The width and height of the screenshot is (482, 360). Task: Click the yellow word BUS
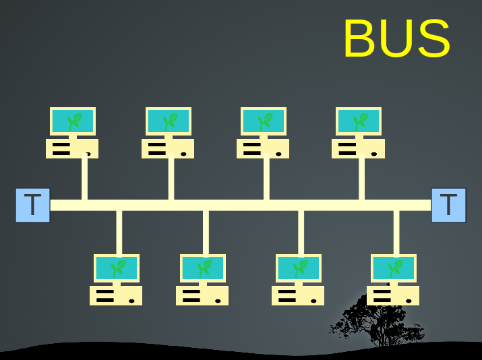click(x=396, y=39)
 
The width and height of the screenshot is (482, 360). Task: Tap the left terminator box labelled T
click(x=32, y=205)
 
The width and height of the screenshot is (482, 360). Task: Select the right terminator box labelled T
click(x=448, y=205)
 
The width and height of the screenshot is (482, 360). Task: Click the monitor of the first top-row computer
click(x=73, y=121)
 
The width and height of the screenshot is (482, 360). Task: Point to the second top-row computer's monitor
click(x=169, y=121)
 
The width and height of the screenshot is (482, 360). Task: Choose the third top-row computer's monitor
click(x=264, y=121)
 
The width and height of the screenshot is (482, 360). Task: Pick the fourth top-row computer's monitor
click(x=359, y=121)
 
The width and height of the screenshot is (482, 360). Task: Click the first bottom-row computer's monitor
click(x=116, y=268)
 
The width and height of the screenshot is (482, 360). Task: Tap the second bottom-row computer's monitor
click(x=202, y=268)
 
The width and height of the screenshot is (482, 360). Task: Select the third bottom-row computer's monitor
click(x=298, y=268)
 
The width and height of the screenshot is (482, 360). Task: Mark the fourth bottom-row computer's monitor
click(x=393, y=268)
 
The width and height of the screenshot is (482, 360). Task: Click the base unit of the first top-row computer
click(x=72, y=148)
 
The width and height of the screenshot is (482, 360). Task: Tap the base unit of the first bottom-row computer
click(x=116, y=295)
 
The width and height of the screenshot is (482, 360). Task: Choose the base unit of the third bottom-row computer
click(x=298, y=295)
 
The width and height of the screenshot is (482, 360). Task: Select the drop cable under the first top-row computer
click(x=84, y=179)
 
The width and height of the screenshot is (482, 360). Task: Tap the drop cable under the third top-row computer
click(x=266, y=179)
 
